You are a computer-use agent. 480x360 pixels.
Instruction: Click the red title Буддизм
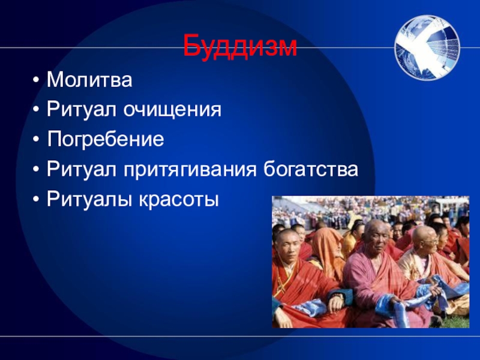[x=240, y=47]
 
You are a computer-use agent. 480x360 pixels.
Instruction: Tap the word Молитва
[x=89, y=80]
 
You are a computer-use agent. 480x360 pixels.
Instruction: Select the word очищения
[x=172, y=110]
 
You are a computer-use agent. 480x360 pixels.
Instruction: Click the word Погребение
[x=106, y=139]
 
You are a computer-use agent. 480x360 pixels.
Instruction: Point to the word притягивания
[x=190, y=169]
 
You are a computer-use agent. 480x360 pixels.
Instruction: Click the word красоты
[x=179, y=200]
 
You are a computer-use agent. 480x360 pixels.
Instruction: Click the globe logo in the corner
[x=427, y=47]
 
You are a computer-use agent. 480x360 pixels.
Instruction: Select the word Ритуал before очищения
[x=82, y=110]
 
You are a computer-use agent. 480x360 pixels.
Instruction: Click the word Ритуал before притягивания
[x=82, y=169]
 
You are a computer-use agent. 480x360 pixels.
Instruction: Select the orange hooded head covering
[x=326, y=248]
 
